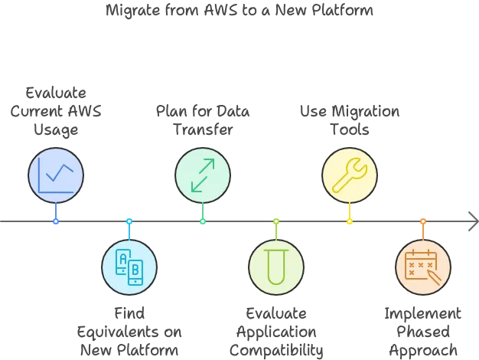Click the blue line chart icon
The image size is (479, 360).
56,175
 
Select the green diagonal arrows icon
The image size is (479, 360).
203,175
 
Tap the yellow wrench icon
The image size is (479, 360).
350,175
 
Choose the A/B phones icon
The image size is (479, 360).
129,267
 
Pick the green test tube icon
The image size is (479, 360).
276,267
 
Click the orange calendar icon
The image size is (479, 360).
423,267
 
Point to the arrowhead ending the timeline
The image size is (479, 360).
472,224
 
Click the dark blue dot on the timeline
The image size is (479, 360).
56,221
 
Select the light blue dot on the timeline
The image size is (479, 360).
129,221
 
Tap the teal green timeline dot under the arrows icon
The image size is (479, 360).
203,221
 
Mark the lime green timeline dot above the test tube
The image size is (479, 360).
276,221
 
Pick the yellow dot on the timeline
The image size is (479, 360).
350,221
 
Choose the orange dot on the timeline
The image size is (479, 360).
423,221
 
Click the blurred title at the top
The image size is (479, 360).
239,12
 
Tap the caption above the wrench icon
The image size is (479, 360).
350,121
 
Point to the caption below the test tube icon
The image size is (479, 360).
276,332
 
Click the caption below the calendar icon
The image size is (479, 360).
423,332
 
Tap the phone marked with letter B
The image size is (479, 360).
135,270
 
